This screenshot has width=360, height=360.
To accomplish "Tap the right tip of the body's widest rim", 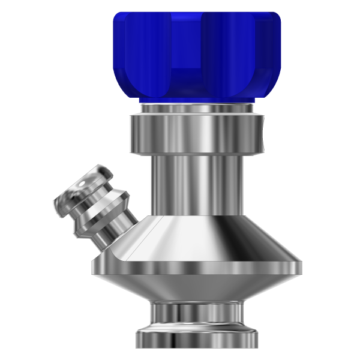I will (300, 262).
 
